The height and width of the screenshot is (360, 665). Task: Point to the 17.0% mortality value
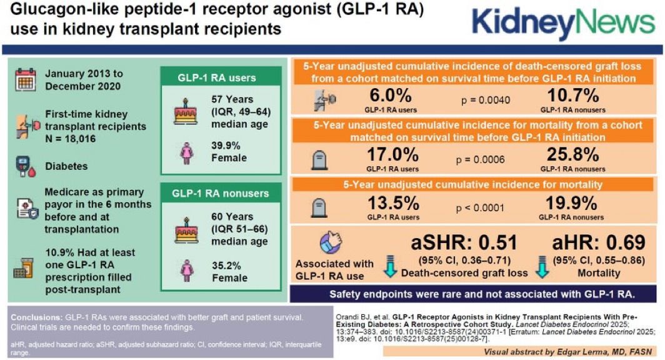click(x=392, y=154)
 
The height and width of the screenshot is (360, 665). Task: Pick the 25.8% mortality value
click(x=572, y=154)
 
